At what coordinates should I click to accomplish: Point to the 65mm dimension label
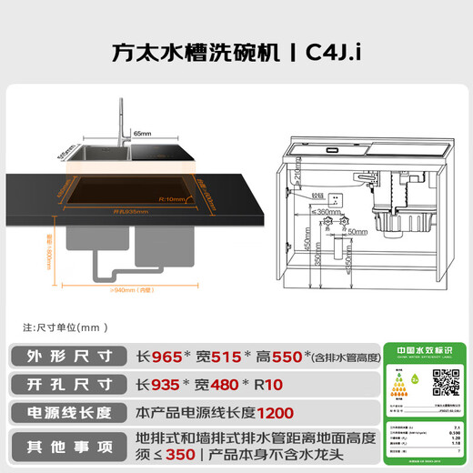tap(143, 133)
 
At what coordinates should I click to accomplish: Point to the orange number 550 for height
tap(284, 356)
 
